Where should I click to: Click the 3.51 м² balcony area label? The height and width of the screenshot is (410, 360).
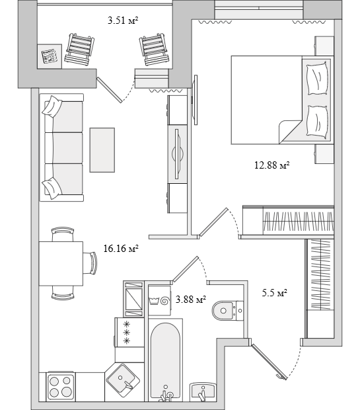(123, 20)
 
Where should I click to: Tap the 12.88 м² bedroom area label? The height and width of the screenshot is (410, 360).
(272, 165)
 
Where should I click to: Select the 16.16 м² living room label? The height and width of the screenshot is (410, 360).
(121, 249)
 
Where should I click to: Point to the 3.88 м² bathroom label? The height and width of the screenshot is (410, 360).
(191, 300)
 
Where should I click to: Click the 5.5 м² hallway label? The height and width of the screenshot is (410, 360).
(275, 292)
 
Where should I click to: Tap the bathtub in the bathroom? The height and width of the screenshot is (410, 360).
(165, 362)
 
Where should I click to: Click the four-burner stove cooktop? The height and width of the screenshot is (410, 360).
(60, 387)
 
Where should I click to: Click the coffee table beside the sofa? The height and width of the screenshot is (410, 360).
(102, 150)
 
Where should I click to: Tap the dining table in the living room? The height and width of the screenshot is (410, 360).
(61, 264)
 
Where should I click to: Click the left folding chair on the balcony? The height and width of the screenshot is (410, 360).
(79, 49)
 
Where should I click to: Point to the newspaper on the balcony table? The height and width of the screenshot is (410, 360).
(50, 56)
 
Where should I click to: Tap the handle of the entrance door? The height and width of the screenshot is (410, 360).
(281, 376)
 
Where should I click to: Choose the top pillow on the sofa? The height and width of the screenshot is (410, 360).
(52, 106)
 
